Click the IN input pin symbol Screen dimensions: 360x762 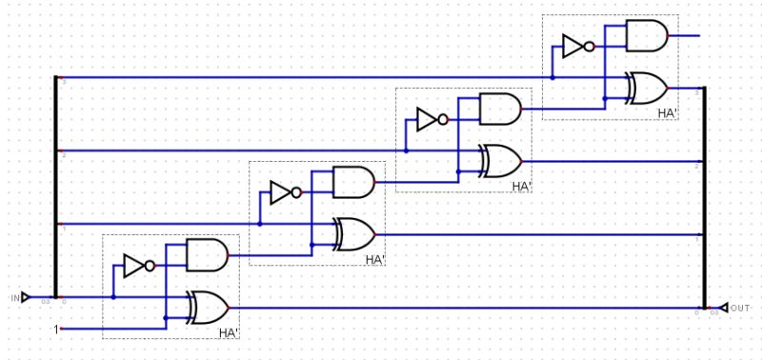coord(26,297)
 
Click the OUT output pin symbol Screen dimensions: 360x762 coord(724,308)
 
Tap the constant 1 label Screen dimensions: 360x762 coord(56,330)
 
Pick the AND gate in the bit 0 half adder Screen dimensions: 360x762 coord(207,254)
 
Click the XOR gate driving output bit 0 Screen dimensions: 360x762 coord(209,308)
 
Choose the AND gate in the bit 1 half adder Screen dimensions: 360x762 coord(353,181)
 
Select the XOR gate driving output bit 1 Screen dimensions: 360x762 coord(354,233)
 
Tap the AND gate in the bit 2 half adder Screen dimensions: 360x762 coord(500,109)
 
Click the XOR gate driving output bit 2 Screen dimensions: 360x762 coord(501,161)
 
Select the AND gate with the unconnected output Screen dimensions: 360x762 coord(647,35)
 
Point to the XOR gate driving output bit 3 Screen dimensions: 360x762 coord(647,88)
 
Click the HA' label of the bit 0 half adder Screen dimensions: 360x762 coord(229,333)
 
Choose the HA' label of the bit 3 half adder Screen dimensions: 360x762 coord(668,113)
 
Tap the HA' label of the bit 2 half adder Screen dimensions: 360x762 coord(521,187)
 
